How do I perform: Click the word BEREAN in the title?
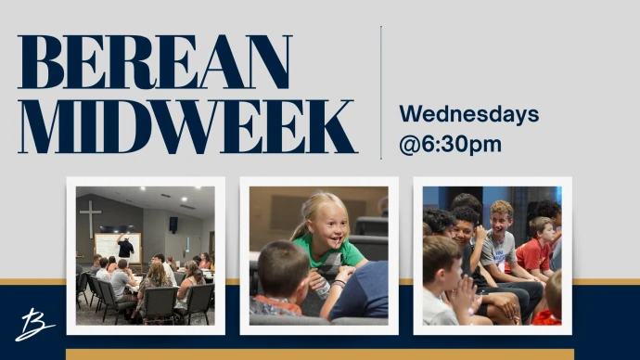(155, 62)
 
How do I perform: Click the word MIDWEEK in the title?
(187, 126)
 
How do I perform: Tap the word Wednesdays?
(469, 114)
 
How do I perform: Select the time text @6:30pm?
(450, 145)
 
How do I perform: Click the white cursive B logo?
(34, 325)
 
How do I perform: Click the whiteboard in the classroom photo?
(117, 248)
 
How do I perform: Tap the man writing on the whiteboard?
(125, 249)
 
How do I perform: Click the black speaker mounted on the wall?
(173, 225)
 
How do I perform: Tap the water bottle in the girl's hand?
(323, 289)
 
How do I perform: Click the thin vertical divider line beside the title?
(381, 93)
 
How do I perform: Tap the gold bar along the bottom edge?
(320, 354)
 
